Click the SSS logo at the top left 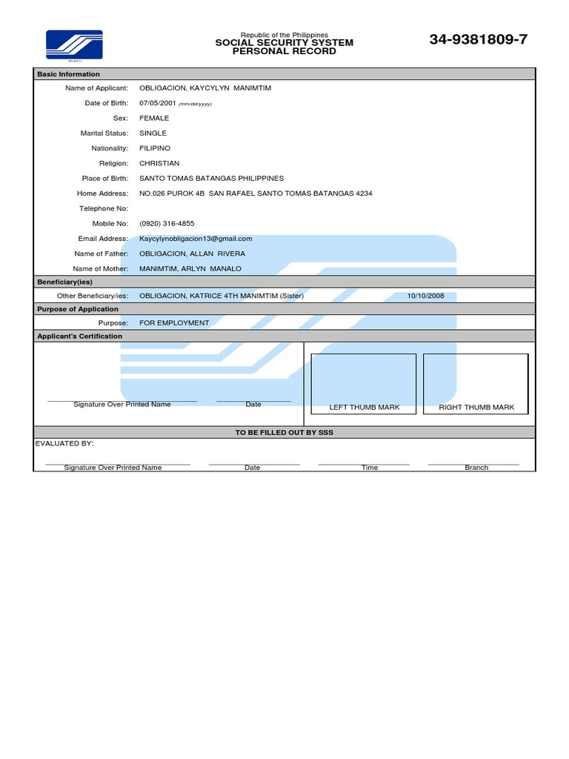[74, 44]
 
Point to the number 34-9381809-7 [479, 40]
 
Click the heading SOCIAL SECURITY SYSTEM [284, 43]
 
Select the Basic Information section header [69, 74]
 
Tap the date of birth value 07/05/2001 [157, 103]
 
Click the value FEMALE [154, 118]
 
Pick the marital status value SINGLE [153, 133]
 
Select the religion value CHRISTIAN [159, 163]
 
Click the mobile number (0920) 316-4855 [167, 223]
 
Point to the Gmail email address [196, 239]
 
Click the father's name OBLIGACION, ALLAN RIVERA [192, 253]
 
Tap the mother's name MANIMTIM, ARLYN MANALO [190, 268]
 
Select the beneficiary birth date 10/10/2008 [425, 295]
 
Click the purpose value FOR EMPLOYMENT [174, 322]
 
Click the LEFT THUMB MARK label [364, 407]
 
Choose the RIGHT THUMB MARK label [476, 407]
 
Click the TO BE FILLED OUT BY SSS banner [284, 432]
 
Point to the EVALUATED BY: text [64, 443]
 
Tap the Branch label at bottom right [476, 468]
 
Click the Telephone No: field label [104, 208]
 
